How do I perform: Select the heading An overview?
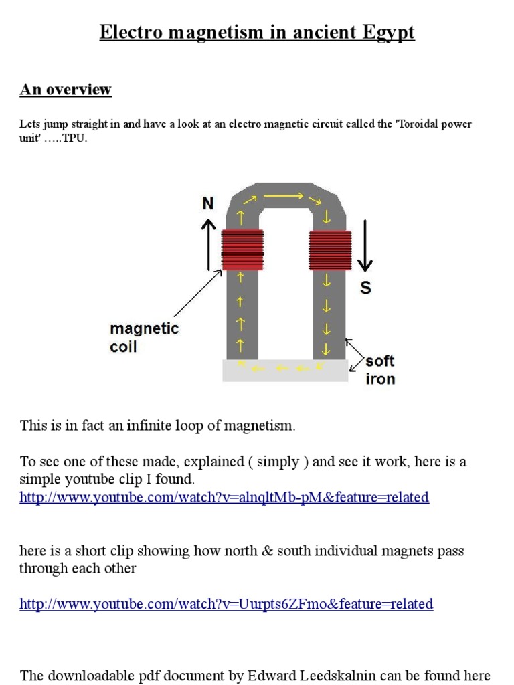click(x=66, y=90)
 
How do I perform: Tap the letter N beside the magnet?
click(x=208, y=204)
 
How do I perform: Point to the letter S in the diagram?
click(x=365, y=288)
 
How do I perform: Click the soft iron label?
click(x=380, y=370)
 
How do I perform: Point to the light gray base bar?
click(x=285, y=369)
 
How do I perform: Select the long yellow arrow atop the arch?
click(x=284, y=197)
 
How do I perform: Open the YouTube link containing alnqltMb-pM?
click(x=224, y=497)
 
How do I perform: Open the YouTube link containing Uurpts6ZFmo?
click(x=226, y=604)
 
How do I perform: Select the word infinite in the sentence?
click(x=158, y=425)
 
